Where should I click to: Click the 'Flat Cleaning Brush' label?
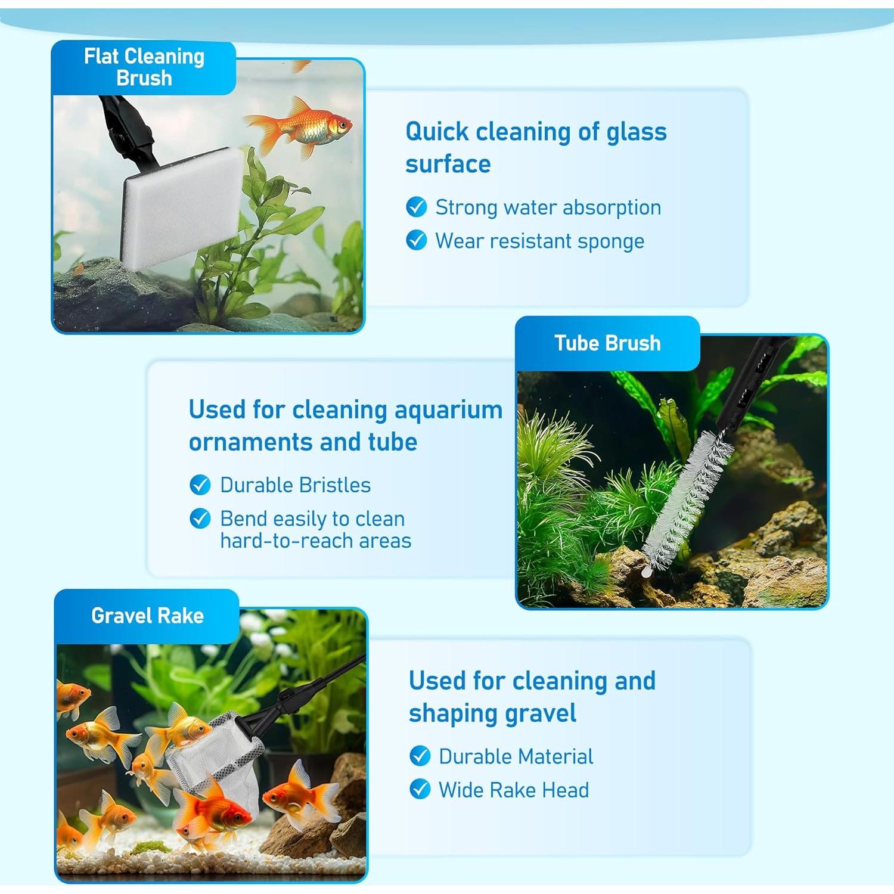coord(144,67)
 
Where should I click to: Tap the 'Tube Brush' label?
coord(607,343)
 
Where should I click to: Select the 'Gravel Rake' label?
coord(147,616)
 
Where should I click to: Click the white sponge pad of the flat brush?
coord(179,206)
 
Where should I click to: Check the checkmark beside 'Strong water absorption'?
coord(417,207)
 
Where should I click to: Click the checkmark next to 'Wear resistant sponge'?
coord(417,241)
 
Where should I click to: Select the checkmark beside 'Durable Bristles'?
coord(200,485)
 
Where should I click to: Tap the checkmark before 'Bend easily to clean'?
coord(200,519)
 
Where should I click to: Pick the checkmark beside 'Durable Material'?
coord(420,756)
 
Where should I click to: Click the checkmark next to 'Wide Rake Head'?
coord(420,790)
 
